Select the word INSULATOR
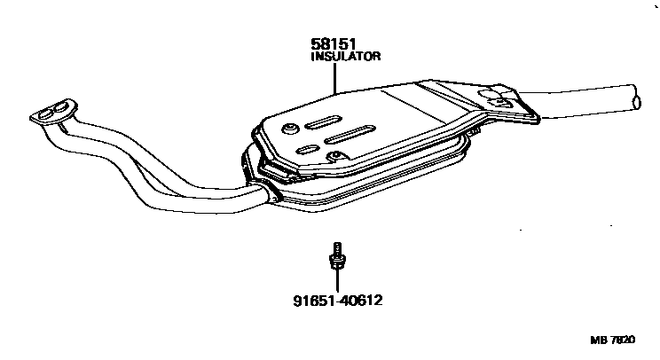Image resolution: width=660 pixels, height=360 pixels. point(345,56)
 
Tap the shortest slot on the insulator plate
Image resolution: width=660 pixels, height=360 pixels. point(308,148)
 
